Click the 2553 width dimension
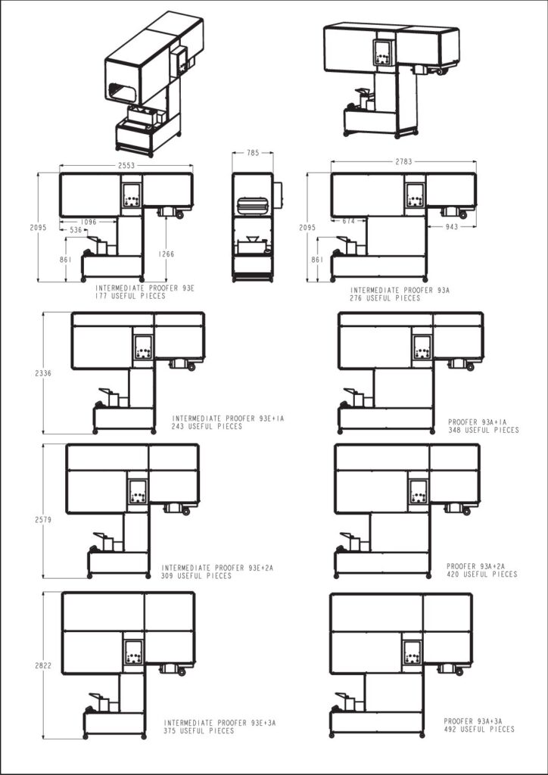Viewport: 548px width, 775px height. (126, 166)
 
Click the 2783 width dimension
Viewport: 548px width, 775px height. (403, 162)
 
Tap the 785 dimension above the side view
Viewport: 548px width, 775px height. (253, 153)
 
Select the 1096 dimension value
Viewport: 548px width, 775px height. (89, 223)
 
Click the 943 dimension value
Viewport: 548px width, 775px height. (451, 227)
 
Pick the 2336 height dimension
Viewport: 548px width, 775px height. (43, 374)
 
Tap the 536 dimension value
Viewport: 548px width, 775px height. (76, 230)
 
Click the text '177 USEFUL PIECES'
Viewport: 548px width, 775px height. (130, 296)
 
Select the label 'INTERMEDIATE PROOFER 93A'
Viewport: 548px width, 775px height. (400, 291)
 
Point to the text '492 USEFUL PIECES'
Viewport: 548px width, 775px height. (479, 729)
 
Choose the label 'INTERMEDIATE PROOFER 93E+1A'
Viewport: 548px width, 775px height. (229, 418)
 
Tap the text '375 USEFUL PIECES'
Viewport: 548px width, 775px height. (199, 730)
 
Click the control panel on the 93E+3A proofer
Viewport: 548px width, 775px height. (133, 652)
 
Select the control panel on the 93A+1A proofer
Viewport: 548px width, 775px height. (422, 347)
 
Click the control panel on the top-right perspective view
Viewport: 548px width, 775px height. (384, 53)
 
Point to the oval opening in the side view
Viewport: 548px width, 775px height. (253, 206)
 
